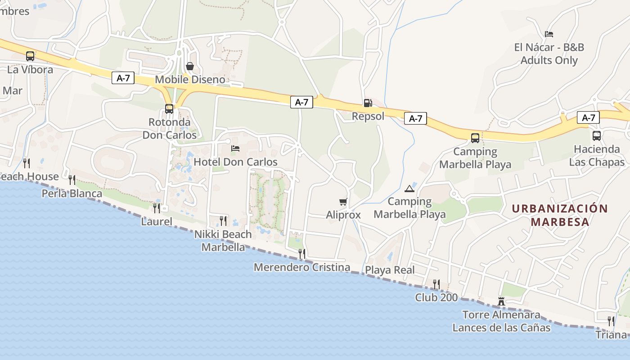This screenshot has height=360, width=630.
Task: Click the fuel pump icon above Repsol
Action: [x=368, y=103]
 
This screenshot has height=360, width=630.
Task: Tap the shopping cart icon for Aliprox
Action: [x=343, y=202]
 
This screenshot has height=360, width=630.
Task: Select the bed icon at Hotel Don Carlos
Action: [x=235, y=148]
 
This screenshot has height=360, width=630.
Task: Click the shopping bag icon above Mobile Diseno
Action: [x=190, y=67]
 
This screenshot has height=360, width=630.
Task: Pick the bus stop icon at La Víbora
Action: [x=30, y=56]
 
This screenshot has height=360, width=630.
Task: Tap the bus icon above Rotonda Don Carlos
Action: [x=169, y=108]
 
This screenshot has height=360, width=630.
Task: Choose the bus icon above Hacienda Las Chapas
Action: [x=597, y=135]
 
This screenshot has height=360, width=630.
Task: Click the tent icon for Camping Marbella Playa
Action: [x=409, y=188]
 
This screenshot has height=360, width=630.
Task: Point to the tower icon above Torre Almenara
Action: [x=501, y=301]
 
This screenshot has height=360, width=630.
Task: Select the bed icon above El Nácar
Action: [x=549, y=34]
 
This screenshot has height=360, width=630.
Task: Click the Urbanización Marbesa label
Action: [x=560, y=215]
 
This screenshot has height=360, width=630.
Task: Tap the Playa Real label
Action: [x=390, y=270]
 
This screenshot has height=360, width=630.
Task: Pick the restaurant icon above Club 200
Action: [x=436, y=284]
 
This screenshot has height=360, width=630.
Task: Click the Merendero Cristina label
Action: [x=302, y=267]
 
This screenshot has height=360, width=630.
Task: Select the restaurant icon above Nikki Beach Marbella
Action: [x=223, y=220]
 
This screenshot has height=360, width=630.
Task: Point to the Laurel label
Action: [x=157, y=221]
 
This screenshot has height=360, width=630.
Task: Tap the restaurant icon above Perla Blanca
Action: [x=72, y=180]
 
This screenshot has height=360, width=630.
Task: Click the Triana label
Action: [x=611, y=335]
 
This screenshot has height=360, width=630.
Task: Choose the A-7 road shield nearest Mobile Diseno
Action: [x=123, y=78]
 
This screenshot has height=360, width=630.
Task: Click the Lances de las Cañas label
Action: [x=501, y=328]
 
